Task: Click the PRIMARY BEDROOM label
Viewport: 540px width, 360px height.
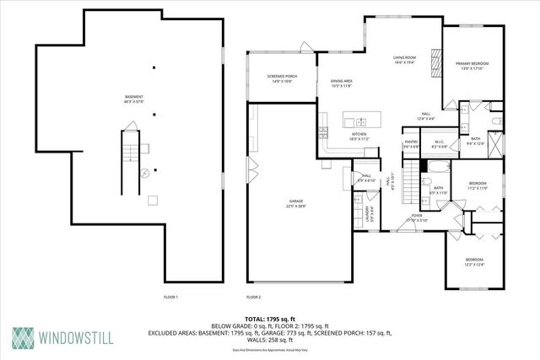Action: tap(472, 66)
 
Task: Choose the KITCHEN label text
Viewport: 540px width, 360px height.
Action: tap(359, 137)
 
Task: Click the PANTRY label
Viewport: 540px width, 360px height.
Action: tap(411, 143)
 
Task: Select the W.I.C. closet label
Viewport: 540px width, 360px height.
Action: tap(439, 143)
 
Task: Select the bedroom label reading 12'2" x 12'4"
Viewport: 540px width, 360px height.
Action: tap(474, 261)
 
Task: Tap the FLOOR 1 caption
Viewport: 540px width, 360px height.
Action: tap(171, 298)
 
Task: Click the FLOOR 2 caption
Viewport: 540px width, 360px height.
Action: tap(254, 298)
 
